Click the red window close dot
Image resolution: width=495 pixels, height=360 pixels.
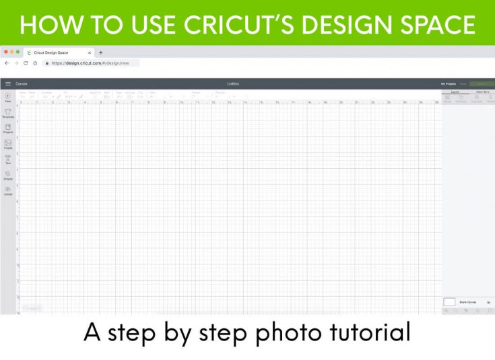pyautogui.click(x=5, y=52)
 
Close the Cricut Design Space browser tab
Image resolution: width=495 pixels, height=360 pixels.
pyautogui.click(x=90, y=52)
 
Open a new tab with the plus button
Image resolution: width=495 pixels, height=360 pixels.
pyautogui.click(x=101, y=52)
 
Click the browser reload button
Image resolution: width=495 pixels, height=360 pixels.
pyautogui.click(x=26, y=63)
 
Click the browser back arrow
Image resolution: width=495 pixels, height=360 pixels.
pyautogui.click(x=7, y=63)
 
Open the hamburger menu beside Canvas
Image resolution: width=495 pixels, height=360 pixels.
pyautogui.click(x=8, y=83)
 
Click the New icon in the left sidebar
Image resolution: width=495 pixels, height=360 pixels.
pyautogui.click(x=7, y=98)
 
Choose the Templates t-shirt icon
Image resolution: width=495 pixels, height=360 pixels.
pyautogui.click(x=7, y=112)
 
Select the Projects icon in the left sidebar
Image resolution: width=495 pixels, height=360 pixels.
pyautogui.click(x=7, y=128)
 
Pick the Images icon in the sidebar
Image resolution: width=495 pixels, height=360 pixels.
pyautogui.click(x=7, y=143)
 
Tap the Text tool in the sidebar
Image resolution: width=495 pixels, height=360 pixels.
pyautogui.click(x=7, y=159)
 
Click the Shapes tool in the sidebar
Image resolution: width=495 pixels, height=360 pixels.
pyautogui.click(x=7, y=174)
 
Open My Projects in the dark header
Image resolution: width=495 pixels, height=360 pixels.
pyautogui.click(x=448, y=83)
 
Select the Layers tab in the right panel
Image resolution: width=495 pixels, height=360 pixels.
pyautogui.click(x=455, y=91)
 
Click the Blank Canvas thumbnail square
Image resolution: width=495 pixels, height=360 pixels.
pyautogui.click(x=449, y=302)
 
